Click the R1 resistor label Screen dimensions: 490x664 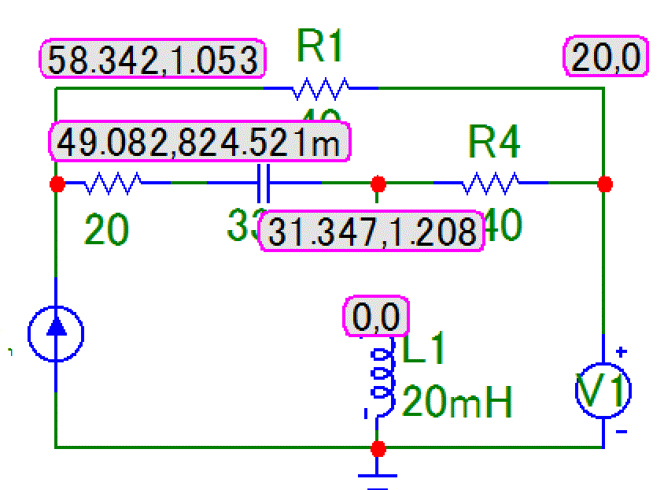pos(321,47)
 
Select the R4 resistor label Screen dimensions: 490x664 pos(495,142)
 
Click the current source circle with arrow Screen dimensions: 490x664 pos(56,334)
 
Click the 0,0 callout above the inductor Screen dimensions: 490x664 pos(377,317)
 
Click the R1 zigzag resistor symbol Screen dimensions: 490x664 pos(320,89)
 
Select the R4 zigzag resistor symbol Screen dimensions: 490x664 pos(491,184)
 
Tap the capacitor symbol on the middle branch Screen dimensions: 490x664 pos(264,184)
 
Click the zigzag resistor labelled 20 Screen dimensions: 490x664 pos(113,184)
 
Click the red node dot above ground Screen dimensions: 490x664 pos(378,448)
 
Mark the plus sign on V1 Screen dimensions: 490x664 pos(621,352)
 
